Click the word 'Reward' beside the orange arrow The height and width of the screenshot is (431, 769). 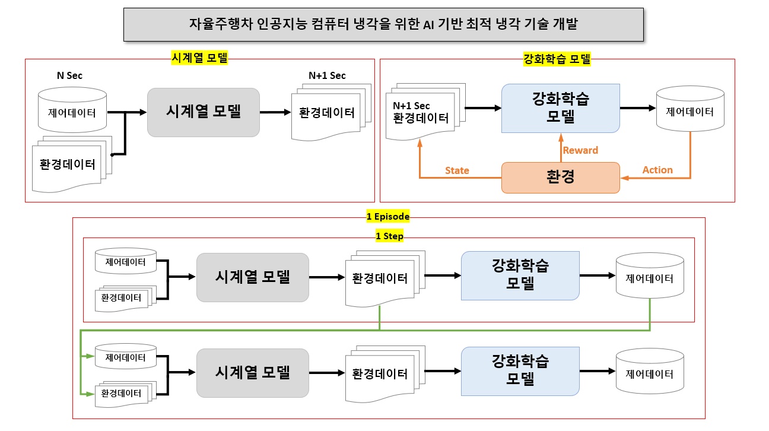[580, 150]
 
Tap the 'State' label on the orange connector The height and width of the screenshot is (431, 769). [457, 170]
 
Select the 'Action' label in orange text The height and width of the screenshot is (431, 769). [657, 170]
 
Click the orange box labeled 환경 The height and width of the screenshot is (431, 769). [560, 178]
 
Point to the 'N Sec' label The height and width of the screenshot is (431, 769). [69, 75]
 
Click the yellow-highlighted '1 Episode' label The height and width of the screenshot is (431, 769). [388, 217]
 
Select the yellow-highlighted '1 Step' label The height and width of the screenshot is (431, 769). [389, 236]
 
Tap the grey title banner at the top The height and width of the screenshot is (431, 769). [383, 24]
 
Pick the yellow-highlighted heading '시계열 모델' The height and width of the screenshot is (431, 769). [199, 58]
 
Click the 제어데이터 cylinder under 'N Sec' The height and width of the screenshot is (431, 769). [72, 110]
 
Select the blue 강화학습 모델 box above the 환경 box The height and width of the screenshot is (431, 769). [560, 107]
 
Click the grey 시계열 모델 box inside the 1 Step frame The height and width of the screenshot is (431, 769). [252, 277]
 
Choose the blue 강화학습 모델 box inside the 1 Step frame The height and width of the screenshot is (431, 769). [520, 275]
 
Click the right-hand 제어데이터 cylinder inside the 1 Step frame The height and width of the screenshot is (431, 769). [650, 276]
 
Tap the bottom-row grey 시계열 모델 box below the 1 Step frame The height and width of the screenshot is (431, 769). [252, 372]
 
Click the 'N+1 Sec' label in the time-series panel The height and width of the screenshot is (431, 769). [327, 75]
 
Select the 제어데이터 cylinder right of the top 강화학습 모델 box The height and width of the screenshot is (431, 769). [689, 110]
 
